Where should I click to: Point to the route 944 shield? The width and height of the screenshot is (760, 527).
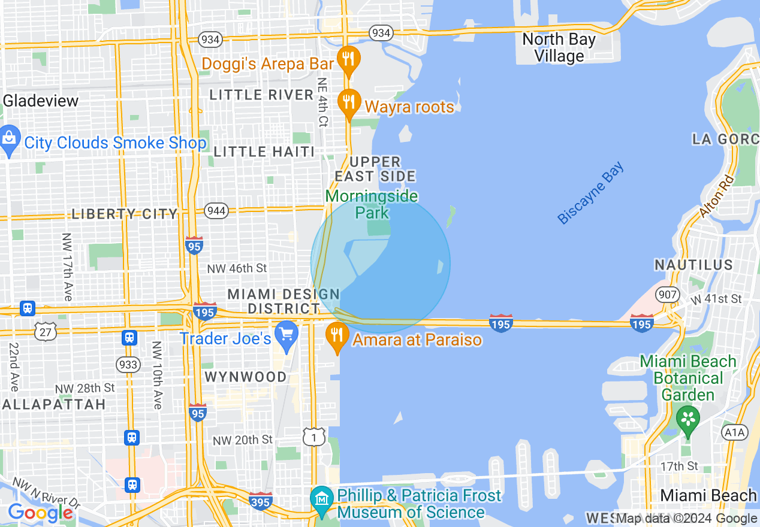click(215, 210)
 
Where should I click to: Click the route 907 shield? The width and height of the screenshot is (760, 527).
click(667, 294)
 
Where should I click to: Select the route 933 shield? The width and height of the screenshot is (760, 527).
click(128, 364)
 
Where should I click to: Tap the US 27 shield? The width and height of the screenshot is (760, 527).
click(44, 332)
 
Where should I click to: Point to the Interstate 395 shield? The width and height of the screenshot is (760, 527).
click(261, 500)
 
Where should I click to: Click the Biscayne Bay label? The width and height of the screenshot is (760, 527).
click(591, 193)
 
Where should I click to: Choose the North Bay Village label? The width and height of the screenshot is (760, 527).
click(559, 48)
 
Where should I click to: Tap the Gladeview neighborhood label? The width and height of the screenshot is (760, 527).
click(40, 101)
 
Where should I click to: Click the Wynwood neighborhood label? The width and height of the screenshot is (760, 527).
click(246, 377)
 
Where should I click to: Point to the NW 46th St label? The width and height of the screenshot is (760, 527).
click(237, 268)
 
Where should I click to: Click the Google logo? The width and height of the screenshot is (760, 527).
click(40, 513)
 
